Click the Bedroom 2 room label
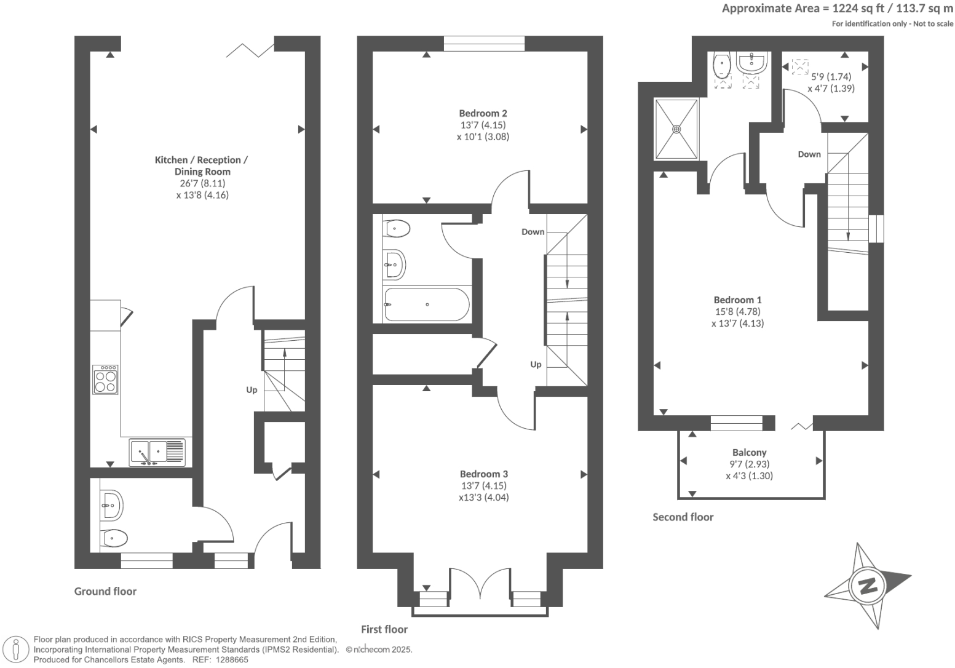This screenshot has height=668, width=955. point(483,113)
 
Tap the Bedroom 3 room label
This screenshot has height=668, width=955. point(483,474)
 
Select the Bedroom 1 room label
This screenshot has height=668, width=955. point(737,300)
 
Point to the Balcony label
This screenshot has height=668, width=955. point(749,452)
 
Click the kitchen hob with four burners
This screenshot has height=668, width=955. point(105,380)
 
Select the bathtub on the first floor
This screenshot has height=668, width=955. point(426,304)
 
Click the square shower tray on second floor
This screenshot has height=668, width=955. point(676,129)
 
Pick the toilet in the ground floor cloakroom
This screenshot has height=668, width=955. point(114,539)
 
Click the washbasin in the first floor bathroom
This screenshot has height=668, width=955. point(394,264)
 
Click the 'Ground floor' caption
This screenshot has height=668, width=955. point(105,591)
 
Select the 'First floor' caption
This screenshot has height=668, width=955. point(384,629)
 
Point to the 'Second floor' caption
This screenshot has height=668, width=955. point(683,517)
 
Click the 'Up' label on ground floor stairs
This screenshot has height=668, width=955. point(252,390)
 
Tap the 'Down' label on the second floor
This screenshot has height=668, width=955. point(809,154)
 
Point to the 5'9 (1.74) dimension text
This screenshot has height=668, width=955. point(831,77)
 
